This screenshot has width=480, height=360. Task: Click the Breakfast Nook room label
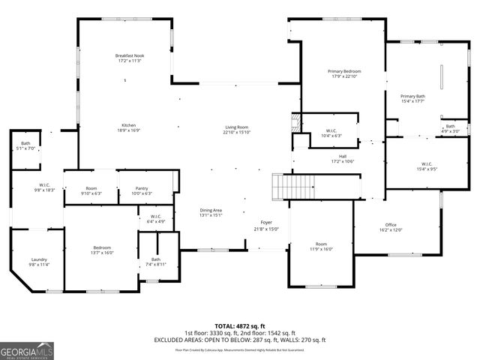(x=130, y=58)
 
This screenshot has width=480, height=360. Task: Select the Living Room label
(x=236, y=130)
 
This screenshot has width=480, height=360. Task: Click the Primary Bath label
(x=412, y=98)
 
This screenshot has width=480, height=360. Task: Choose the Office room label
(x=391, y=227)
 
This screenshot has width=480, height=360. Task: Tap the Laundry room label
(x=39, y=262)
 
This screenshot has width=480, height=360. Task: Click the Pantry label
(x=142, y=190)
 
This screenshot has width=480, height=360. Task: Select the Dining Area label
(x=211, y=212)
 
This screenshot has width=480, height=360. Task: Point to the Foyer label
(x=266, y=226)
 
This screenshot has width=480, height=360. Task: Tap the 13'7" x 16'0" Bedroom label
(x=102, y=250)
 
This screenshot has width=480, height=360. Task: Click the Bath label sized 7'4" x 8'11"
(x=156, y=262)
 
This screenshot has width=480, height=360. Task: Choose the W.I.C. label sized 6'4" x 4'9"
(x=156, y=220)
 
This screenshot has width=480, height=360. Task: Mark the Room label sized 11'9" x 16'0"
(x=321, y=247)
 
